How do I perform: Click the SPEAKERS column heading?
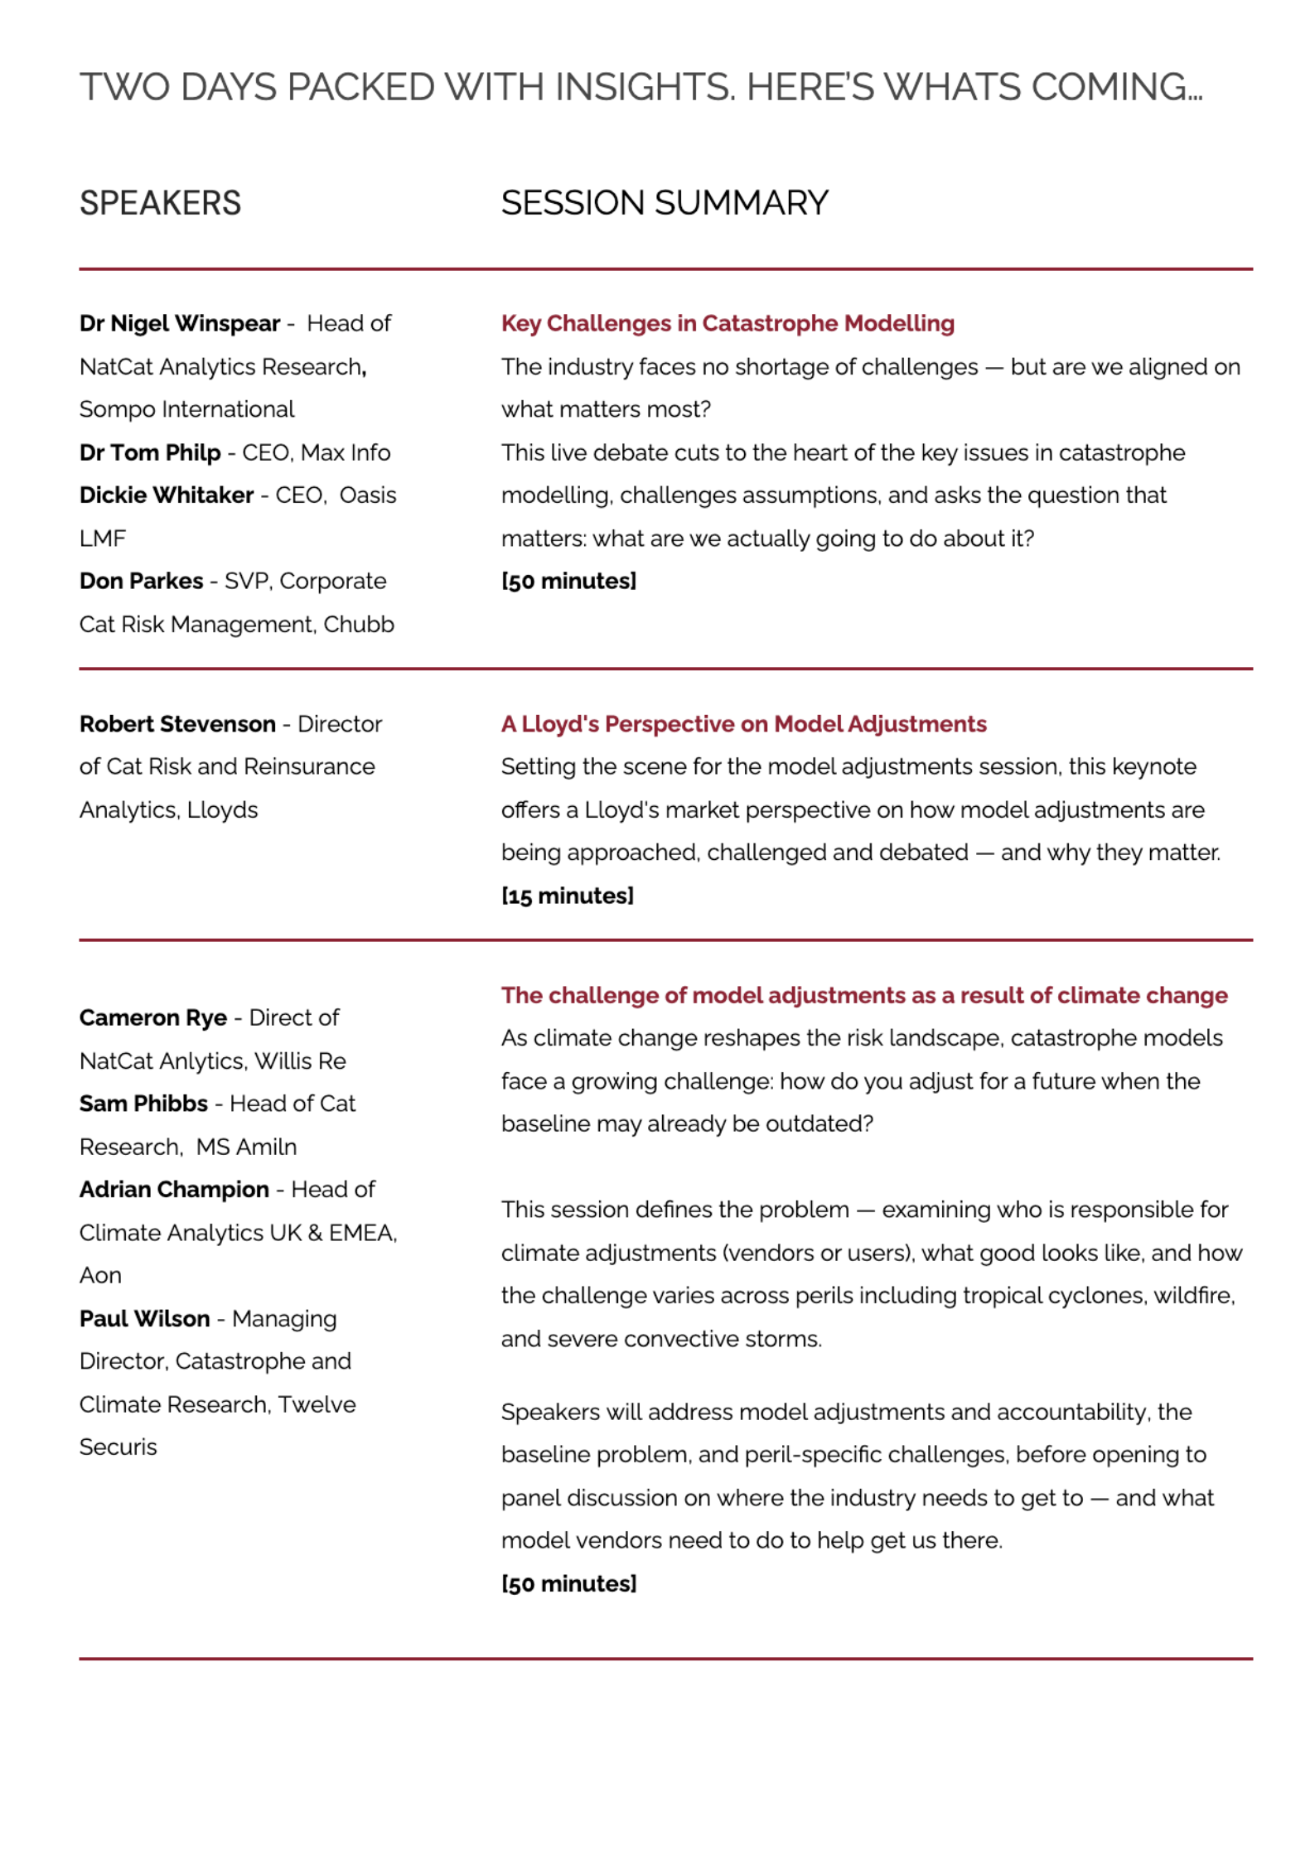tap(160, 203)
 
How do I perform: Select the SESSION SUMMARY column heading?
tap(664, 203)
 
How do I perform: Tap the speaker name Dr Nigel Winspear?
tap(180, 323)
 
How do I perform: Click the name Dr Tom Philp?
tap(150, 452)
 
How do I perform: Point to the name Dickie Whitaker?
tap(167, 495)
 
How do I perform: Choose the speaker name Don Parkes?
tap(141, 581)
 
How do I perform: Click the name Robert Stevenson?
tap(177, 724)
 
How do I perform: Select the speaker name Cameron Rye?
tap(153, 1017)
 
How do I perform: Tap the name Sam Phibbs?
tap(143, 1104)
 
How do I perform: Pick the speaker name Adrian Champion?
tap(174, 1190)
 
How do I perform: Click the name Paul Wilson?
tap(144, 1318)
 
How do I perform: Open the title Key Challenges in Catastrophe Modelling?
tap(727, 323)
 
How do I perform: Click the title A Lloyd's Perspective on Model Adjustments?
tap(743, 724)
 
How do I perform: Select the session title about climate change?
tap(863, 995)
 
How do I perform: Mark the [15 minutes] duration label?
tap(567, 896)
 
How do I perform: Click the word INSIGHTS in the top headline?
tap(644, 87)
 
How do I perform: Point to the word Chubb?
tap(358, 624)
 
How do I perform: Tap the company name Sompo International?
tap(186, 409)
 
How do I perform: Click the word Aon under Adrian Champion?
tap(100, 1275)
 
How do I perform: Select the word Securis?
tap(118, 1447)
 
